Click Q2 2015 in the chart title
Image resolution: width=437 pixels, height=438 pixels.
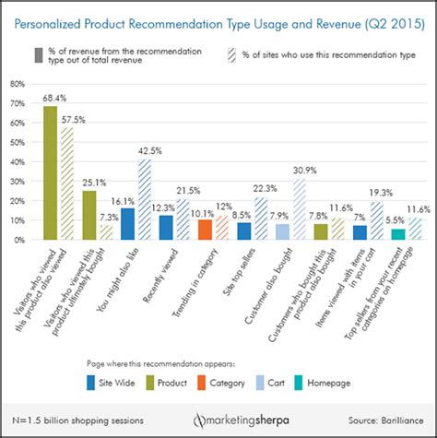point(377,18)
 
